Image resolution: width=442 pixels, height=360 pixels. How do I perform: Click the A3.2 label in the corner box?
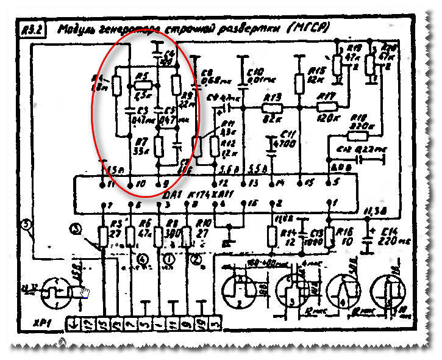point(31,31)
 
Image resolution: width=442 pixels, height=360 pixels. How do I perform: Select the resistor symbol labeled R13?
point(271,107)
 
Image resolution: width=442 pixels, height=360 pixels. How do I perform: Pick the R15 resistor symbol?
point(299,82)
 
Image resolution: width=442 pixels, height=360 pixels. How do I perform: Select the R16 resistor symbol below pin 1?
point(329,236)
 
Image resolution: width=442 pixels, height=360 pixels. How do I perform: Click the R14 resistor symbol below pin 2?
point(272,235)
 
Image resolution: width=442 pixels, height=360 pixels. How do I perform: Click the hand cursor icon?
point(84,292)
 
